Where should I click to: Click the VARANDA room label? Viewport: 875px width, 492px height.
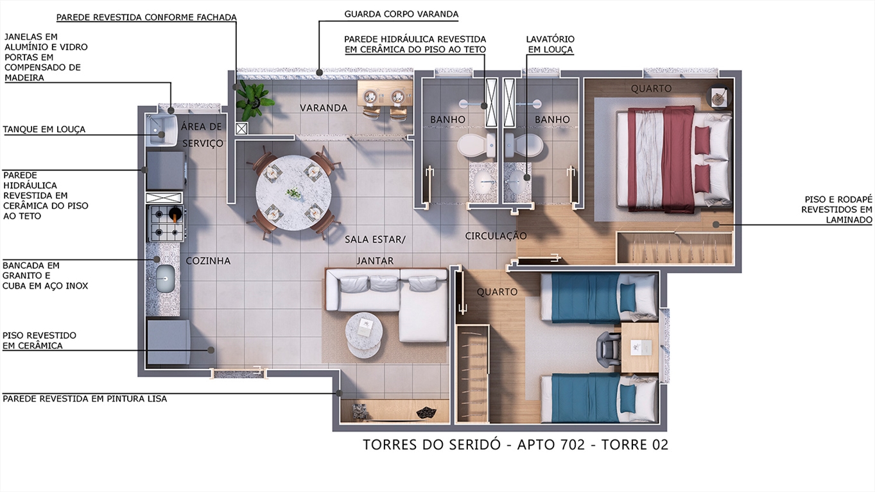[324, 108]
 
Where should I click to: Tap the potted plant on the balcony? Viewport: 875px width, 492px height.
[253, 100]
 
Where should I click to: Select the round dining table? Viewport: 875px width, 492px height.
[294, 192]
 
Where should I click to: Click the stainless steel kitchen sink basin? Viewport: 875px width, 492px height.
[166, 278]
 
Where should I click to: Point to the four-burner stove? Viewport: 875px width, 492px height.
[166, 224]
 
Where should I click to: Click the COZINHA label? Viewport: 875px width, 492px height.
[208, 260]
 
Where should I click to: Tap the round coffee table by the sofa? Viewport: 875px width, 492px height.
[363, 335]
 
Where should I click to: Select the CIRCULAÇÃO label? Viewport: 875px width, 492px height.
[496, 235]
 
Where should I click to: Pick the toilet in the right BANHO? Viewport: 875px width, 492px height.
[523, 146]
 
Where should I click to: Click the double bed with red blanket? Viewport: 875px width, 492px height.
[674, 159]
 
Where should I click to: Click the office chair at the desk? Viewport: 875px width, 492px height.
[609, 348]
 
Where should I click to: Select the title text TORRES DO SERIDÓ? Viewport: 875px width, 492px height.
[431, 445]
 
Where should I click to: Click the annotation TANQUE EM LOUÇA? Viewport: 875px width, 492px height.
[44, 129]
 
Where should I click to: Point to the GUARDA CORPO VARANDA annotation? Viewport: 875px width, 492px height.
[401, 14]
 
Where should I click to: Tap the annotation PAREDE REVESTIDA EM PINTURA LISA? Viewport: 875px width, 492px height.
[85, 399]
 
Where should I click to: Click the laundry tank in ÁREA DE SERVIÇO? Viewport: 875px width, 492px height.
[162, 130]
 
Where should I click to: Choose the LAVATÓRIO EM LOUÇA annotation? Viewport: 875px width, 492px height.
[550, 44]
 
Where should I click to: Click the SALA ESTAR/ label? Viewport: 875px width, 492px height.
[375, 239]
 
